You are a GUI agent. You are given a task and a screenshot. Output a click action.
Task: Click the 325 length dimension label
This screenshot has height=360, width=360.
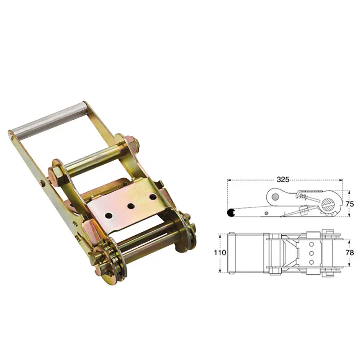(283, 179)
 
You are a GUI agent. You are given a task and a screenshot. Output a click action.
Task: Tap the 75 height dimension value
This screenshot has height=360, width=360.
(350, 204)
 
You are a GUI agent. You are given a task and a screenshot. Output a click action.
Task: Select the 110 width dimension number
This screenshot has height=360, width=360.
(220, 252)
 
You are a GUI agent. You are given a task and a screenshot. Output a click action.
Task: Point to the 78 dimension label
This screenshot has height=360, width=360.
(350, 252)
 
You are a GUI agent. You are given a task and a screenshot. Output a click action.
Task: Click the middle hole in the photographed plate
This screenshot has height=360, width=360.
(131, 206)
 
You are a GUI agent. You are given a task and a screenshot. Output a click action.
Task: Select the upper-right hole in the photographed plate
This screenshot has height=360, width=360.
(153, 197)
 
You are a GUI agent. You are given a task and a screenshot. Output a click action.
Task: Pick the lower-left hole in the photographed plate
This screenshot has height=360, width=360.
(108, 216)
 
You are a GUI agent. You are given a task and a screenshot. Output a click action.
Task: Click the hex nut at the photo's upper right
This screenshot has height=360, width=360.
(131, 143)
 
